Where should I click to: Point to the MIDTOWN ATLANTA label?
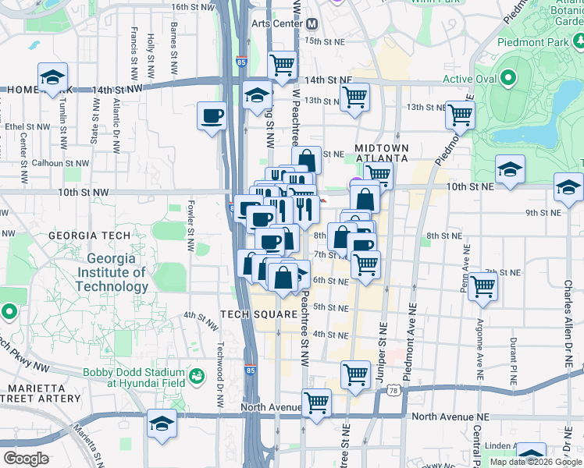pyautogui.click(x=381, y=153)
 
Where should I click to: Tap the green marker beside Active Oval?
pyautogui.click(x=508, y=79)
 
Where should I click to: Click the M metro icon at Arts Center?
pyautogui.click(x=311, y=23)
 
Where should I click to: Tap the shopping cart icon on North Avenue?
pyautogui.click(x=317, y=402)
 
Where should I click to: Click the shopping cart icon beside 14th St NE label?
pyautogui.click(x=282, y=66)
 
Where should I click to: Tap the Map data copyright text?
pyautogui.click(x=535, y=462)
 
